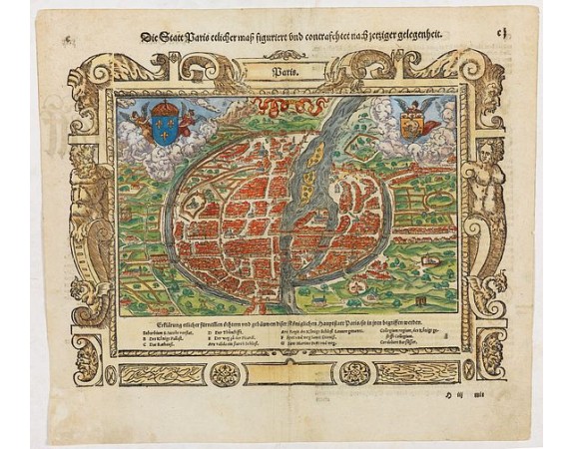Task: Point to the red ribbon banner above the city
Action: point(287,103)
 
